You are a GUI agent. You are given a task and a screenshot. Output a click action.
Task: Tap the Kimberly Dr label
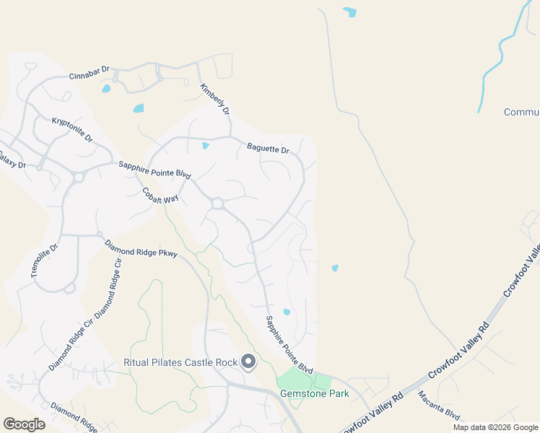click(x=215, y=100)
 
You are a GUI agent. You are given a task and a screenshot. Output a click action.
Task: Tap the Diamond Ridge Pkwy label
click(x=141, y=249)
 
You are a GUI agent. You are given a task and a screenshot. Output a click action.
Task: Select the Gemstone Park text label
click(x=314, y=394)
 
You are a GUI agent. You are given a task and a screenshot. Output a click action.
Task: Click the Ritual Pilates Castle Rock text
click(x=181, y=362)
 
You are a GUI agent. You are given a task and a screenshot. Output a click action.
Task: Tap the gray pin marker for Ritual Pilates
click(x=248, y=362)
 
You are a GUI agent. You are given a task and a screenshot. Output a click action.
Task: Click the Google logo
click(x=24, y=424)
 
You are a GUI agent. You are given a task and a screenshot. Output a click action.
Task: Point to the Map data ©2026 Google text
click(x=496, y=427)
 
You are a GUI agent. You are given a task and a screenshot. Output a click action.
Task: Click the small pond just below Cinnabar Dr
click(x=107, y=89)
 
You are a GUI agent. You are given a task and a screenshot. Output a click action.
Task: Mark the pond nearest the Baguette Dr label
click(x=206, y=146)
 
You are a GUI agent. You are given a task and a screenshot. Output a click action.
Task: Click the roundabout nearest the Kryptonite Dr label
click(x=79, y=177)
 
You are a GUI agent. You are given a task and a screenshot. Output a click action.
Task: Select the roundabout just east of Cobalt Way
click(x=217, y=205)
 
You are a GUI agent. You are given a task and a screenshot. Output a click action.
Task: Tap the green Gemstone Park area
click(x=296, y=380)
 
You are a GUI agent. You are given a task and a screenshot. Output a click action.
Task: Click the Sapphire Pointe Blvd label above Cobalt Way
click(x=154, y=170)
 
